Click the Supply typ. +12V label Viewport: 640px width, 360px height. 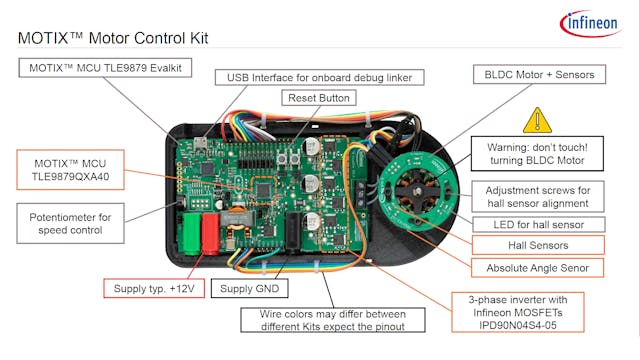(x=155, y=289)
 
